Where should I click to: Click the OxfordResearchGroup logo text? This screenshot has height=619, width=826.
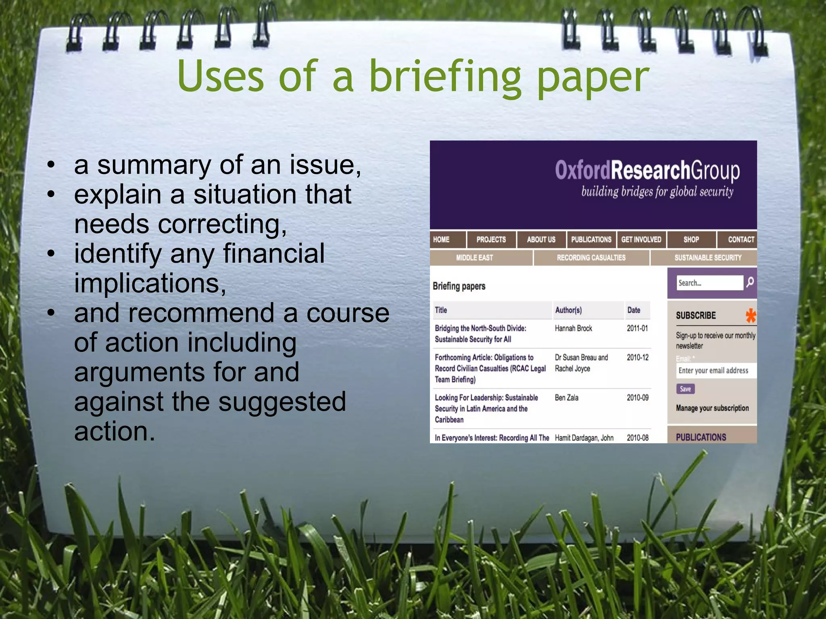(647, 170)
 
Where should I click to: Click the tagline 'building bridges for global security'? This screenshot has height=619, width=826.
(657, 192)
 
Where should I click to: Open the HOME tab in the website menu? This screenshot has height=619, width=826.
(441, 240)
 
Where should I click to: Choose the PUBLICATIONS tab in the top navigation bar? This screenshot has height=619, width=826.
(591, 240)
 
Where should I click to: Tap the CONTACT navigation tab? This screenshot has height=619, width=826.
(740, 240)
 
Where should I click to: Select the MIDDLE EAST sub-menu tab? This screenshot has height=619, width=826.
(474, 258)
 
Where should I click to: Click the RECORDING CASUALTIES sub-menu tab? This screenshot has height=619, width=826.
(591, 258)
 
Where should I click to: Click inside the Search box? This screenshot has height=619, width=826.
(709, 283)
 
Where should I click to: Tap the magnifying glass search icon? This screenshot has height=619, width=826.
(750, 282)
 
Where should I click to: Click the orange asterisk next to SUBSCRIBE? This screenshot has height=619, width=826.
(750, 316)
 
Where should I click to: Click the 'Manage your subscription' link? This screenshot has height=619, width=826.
(712, 408)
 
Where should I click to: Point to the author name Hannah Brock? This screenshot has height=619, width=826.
(573, 328)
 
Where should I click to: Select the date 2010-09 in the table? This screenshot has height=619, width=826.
(637, 398)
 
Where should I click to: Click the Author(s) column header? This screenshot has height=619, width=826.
(568, 310)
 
